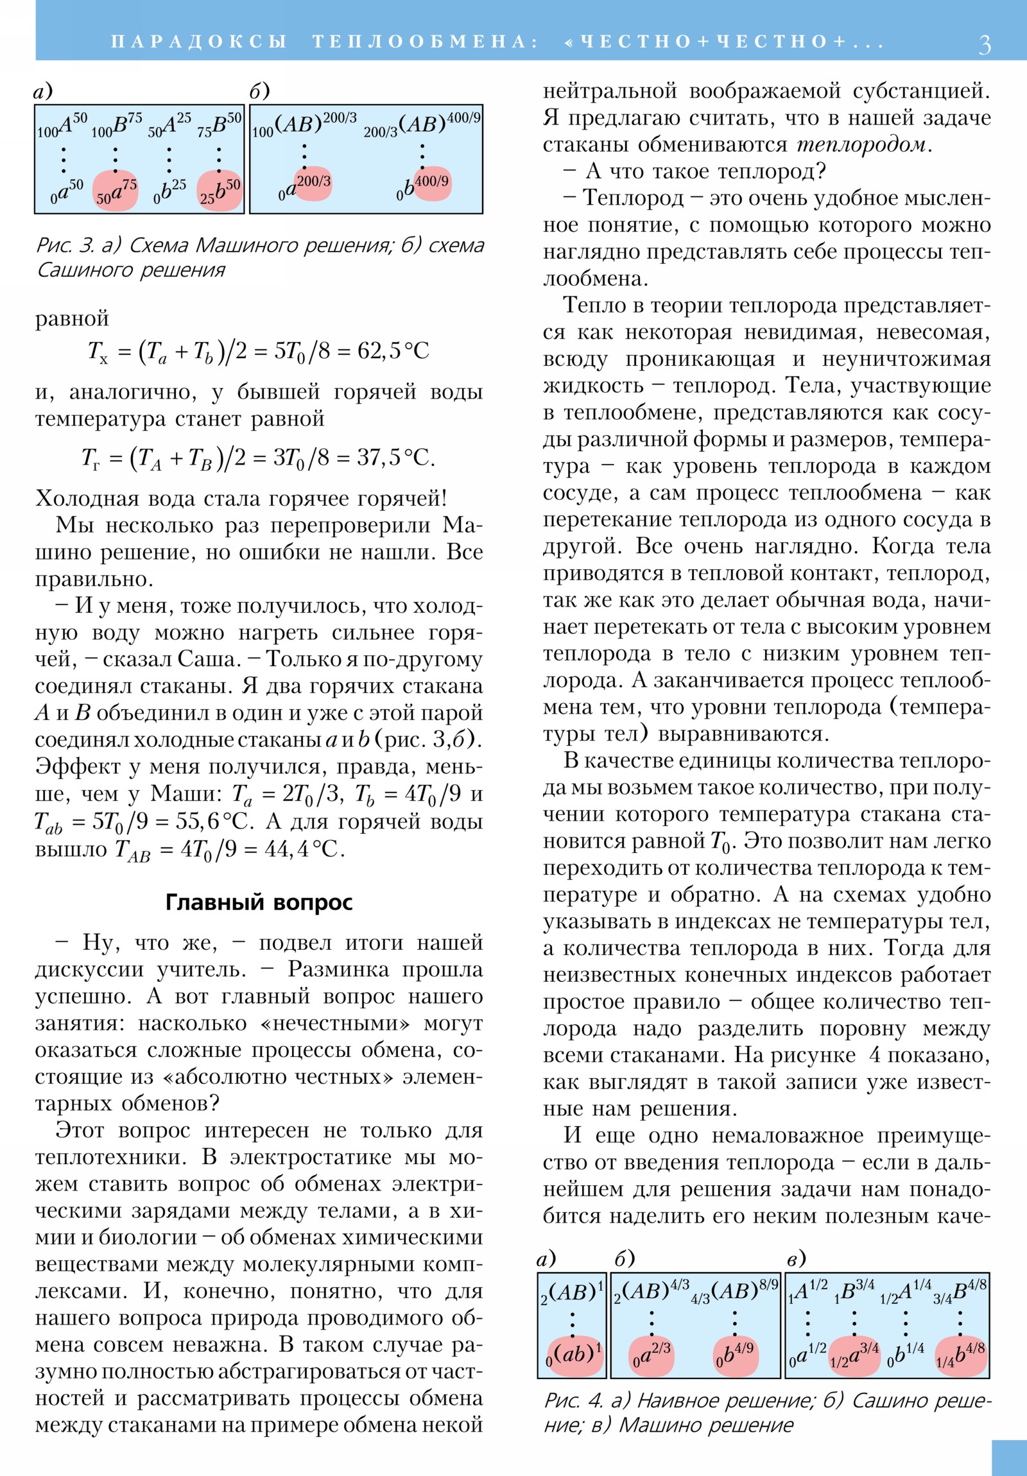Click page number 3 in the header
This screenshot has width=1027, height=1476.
[x=984, y=44]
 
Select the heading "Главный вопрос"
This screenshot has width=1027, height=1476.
[x=259, y=902]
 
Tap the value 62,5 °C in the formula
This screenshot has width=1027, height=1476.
[x=393, y=351]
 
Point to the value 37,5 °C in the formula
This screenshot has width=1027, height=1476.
[x=395, y=458]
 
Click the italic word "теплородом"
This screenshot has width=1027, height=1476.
[x=862, y=144]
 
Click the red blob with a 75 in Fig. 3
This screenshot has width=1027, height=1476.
[x=116, y=191]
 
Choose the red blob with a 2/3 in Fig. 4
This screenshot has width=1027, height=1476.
[x=652, y=1356]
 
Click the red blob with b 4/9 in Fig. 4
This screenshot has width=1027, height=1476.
[x=735, y=1356]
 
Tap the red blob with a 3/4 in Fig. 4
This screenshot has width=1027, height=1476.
[x=854, y=1356]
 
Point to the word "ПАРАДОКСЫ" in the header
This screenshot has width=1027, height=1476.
[x=199, y=42]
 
